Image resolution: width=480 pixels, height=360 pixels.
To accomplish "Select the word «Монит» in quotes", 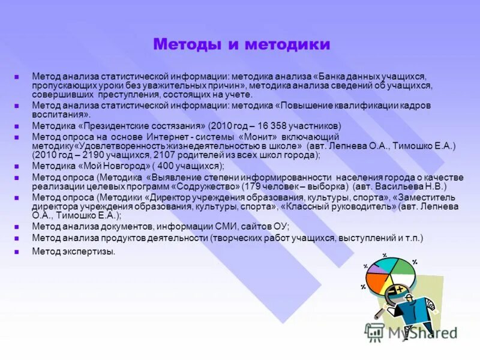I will (266, 137).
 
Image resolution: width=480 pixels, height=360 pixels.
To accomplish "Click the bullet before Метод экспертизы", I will (17, 252).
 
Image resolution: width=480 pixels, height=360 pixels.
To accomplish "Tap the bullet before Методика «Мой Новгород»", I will (17, 166).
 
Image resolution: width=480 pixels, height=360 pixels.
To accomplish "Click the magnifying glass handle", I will (380, 313).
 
